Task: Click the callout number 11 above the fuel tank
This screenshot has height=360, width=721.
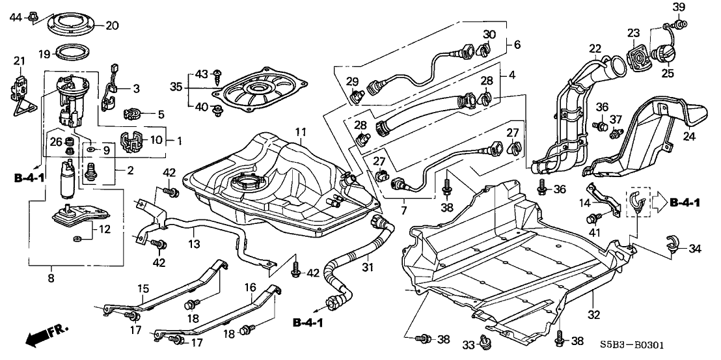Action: pyautogui.click(x=300, y=132)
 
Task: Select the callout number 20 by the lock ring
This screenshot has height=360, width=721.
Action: pyautogui.click(x=112, y=26)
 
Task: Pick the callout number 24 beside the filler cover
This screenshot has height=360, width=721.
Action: pyautogui.click(x=688, y=137)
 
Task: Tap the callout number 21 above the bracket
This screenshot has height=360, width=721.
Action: pyautogui.click(x=20, y=61)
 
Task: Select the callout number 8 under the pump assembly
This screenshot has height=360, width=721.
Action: pyautogui.click(x=51, y=277)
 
